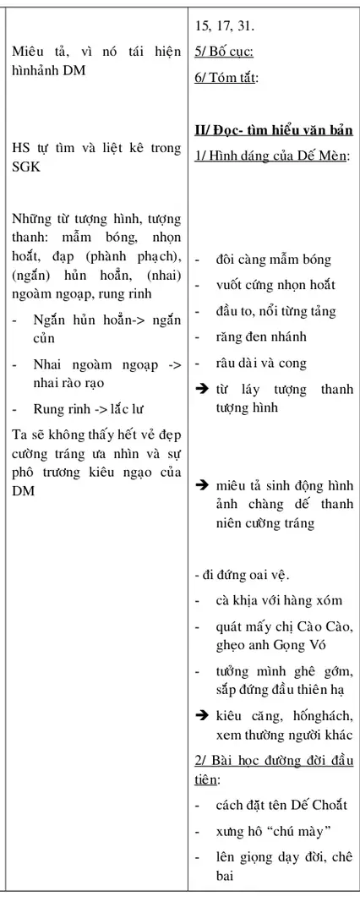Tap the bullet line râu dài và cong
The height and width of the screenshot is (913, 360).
click(260, 363)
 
